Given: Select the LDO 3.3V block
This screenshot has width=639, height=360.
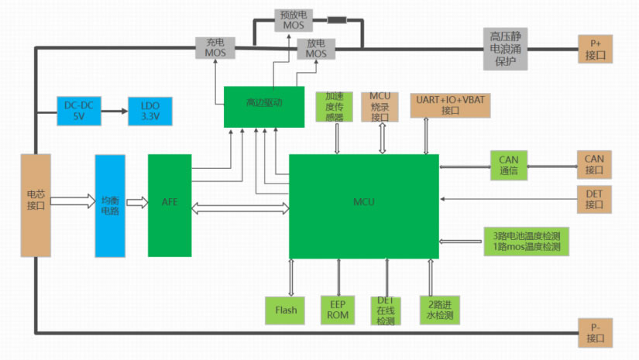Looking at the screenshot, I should (x=149, y=111).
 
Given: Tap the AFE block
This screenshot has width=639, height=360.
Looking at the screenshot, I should (x=170, y=204).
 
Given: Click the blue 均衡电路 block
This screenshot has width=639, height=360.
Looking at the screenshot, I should (x=109, y=205).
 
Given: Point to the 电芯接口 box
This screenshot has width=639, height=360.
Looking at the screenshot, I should (x=36, y=204).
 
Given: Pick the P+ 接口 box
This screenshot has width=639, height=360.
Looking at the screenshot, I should (x=595, y=49).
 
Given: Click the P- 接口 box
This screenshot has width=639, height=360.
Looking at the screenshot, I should (x=595, y=332).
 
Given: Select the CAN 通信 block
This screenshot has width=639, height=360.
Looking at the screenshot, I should (x=508, y=166).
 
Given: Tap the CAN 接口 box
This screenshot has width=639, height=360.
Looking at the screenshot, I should (x=595, y=165).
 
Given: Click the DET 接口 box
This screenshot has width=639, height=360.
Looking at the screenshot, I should (x=595, y=200).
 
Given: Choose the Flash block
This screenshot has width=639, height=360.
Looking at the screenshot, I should (x=286, y=310).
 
